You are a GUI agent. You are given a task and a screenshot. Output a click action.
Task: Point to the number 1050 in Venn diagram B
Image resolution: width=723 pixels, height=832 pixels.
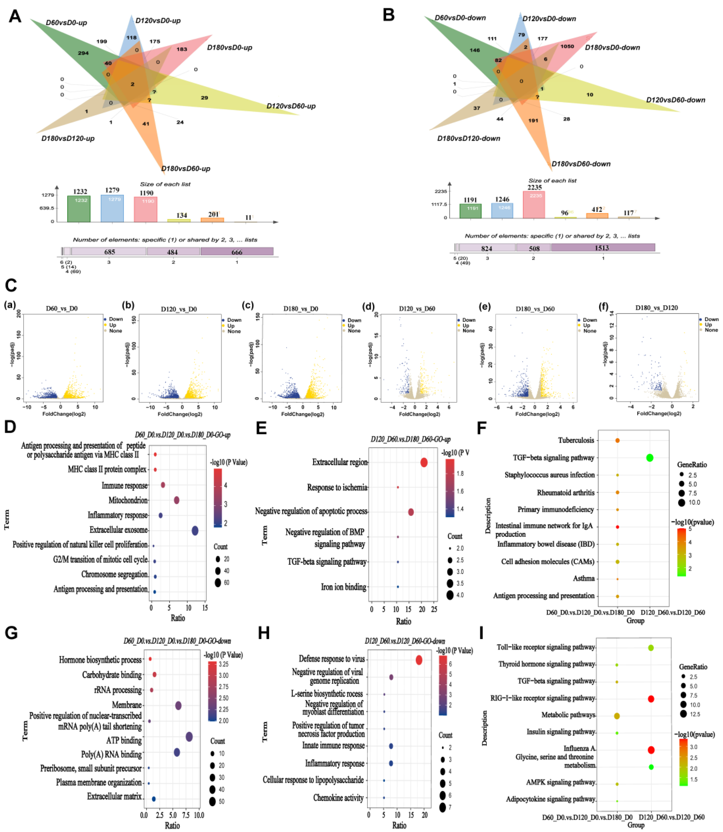coord(567,46)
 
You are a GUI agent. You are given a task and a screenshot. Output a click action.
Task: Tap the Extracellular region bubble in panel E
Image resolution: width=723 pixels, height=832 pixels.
coord(424,463)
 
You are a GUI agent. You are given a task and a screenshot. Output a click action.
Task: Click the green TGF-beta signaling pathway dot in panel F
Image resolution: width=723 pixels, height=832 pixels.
coord(650,458)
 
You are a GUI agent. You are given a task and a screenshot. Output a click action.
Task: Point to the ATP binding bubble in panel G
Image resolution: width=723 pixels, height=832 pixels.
coord(189,737)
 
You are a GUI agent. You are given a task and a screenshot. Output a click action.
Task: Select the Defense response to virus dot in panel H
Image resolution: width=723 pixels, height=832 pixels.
coord(419,660)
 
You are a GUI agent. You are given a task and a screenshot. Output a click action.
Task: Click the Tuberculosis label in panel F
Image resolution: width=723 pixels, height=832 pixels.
coord(576,440)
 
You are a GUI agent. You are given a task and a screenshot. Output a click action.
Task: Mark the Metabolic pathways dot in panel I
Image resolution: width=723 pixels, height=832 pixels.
coord(617,716)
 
